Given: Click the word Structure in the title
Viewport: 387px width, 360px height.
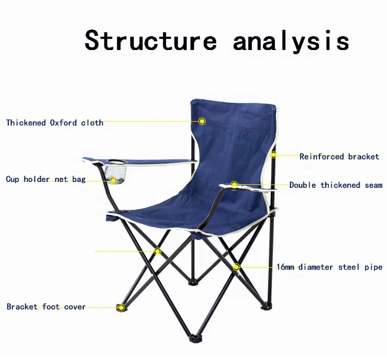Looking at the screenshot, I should tap(150, 40).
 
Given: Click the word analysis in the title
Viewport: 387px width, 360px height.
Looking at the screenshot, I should tap(291, 41).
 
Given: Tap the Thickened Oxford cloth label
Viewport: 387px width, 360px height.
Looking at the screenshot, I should tap(55, 123).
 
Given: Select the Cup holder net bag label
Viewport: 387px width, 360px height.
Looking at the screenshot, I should tap(46, 180).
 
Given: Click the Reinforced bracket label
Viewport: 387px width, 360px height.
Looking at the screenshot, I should tap(339, 156).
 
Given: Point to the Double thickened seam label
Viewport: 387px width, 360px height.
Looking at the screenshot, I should tap(336, 185).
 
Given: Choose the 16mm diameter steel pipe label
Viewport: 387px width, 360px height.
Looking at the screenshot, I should tap(329, 267).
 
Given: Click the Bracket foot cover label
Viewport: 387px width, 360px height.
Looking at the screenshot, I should tap(46, 307).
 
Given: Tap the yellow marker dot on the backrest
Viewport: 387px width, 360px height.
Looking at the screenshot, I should tap(202, 121).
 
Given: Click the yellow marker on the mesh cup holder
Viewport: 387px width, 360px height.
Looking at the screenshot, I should tap(114, 180).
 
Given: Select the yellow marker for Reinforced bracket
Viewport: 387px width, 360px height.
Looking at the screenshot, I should tap(274, 155).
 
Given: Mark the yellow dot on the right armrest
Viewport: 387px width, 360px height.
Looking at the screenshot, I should tap(235, 185).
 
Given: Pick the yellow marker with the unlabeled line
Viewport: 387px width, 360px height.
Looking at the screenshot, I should tap(158, 251).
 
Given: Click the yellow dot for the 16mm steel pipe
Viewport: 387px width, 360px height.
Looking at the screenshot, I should tap(237, 267).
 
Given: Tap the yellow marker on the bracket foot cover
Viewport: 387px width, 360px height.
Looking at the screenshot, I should tap(121, 308).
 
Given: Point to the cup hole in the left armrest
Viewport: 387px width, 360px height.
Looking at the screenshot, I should tap(116, 160).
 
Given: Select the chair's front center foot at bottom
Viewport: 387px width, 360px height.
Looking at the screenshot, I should tap(195, 338).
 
